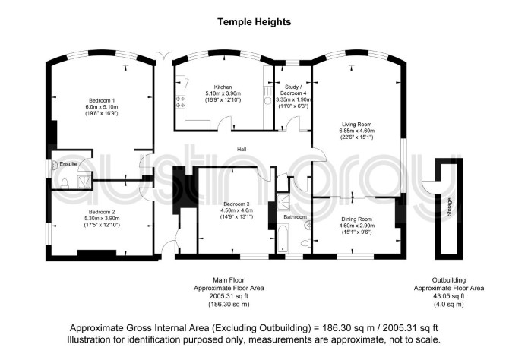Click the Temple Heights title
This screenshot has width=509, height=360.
point(254,22)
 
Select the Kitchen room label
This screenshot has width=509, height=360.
point(223,87)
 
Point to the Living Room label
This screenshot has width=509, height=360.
point(357,124)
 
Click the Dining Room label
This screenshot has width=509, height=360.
point(357,219)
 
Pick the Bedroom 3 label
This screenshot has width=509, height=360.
point(236,204)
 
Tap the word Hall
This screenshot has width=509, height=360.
point(242,149)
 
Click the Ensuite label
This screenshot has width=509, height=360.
point(68,164)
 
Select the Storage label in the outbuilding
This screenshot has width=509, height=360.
point(449,207)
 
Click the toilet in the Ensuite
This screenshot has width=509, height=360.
point(65,183)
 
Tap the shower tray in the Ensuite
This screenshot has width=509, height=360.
point(85,182)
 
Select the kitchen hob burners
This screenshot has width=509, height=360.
point(180,102)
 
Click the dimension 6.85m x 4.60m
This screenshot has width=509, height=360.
point(357,131)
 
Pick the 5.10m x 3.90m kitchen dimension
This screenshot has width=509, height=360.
point(223,93)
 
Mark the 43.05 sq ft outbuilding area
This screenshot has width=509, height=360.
point(449,296)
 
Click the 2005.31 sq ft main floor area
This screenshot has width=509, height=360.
point(229,296)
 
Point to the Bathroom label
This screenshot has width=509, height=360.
point(295,216)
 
